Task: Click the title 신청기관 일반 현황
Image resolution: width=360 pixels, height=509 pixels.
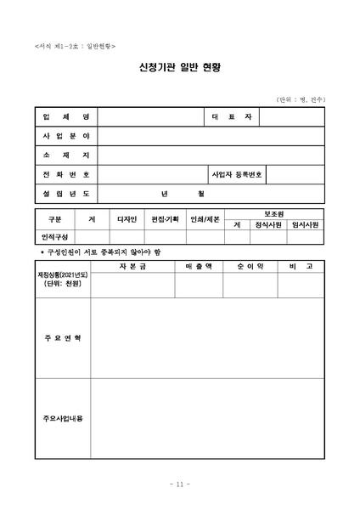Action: click(x=179, y=67)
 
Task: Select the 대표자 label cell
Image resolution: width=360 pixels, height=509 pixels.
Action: click(x=238, y=116)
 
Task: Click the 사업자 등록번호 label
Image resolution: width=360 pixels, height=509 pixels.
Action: click(x=238, y=175)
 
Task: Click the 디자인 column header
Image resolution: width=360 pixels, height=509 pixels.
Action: click(x=127, y=219)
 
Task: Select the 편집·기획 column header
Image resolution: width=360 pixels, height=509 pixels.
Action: click(x=166, y=219)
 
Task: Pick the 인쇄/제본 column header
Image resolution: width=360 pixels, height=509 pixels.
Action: click(x=204, y=219)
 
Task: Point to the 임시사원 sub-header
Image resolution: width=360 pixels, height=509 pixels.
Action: click(x=306, y=225)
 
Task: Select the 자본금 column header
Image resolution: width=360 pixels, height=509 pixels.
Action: click(x=132, y=266)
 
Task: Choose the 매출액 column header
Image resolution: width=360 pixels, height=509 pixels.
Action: click(x=199, y=266)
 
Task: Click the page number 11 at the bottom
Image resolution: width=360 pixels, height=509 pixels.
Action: click(x=179, y=484)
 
